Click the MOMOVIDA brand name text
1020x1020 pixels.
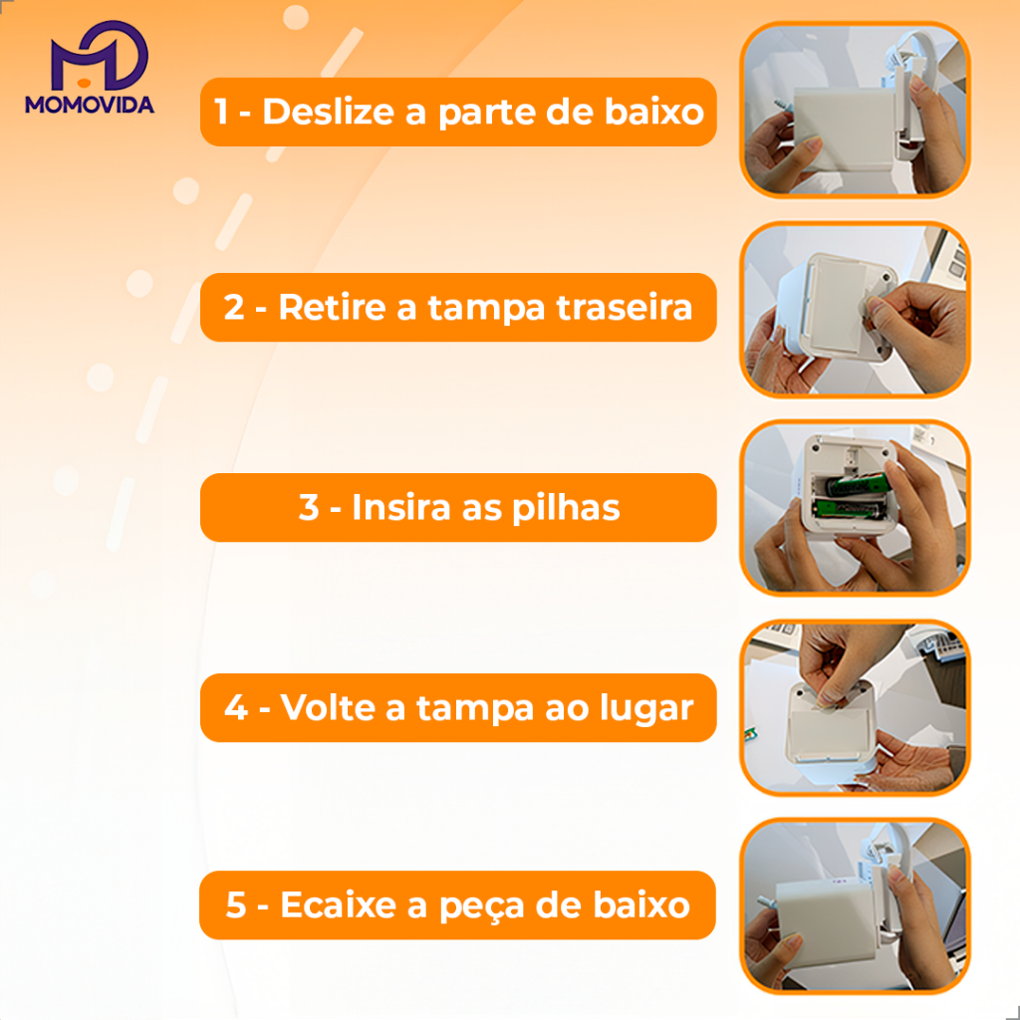pos(89,105)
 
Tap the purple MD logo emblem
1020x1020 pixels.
pos(99,56)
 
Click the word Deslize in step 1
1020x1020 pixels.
pos(329,112)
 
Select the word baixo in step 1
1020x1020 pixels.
pos(654,112)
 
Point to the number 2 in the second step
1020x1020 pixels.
pos(233,307)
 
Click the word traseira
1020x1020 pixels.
pos(625,307)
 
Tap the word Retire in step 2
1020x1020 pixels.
pos(333,307)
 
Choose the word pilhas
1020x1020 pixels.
pos(566,508)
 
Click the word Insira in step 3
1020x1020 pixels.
pos(401,507)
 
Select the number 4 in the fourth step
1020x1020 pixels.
pos(235,708)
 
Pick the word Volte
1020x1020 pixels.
pos(328,707)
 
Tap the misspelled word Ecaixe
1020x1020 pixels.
pos(339,904)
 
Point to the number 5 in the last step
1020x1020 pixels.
pos(235,904)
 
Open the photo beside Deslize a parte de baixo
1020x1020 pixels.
pos(855,110)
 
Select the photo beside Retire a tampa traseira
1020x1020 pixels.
pos(855,310)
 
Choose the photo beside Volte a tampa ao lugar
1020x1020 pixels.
pos(855,708)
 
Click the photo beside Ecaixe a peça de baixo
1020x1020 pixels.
pos(855,905)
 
